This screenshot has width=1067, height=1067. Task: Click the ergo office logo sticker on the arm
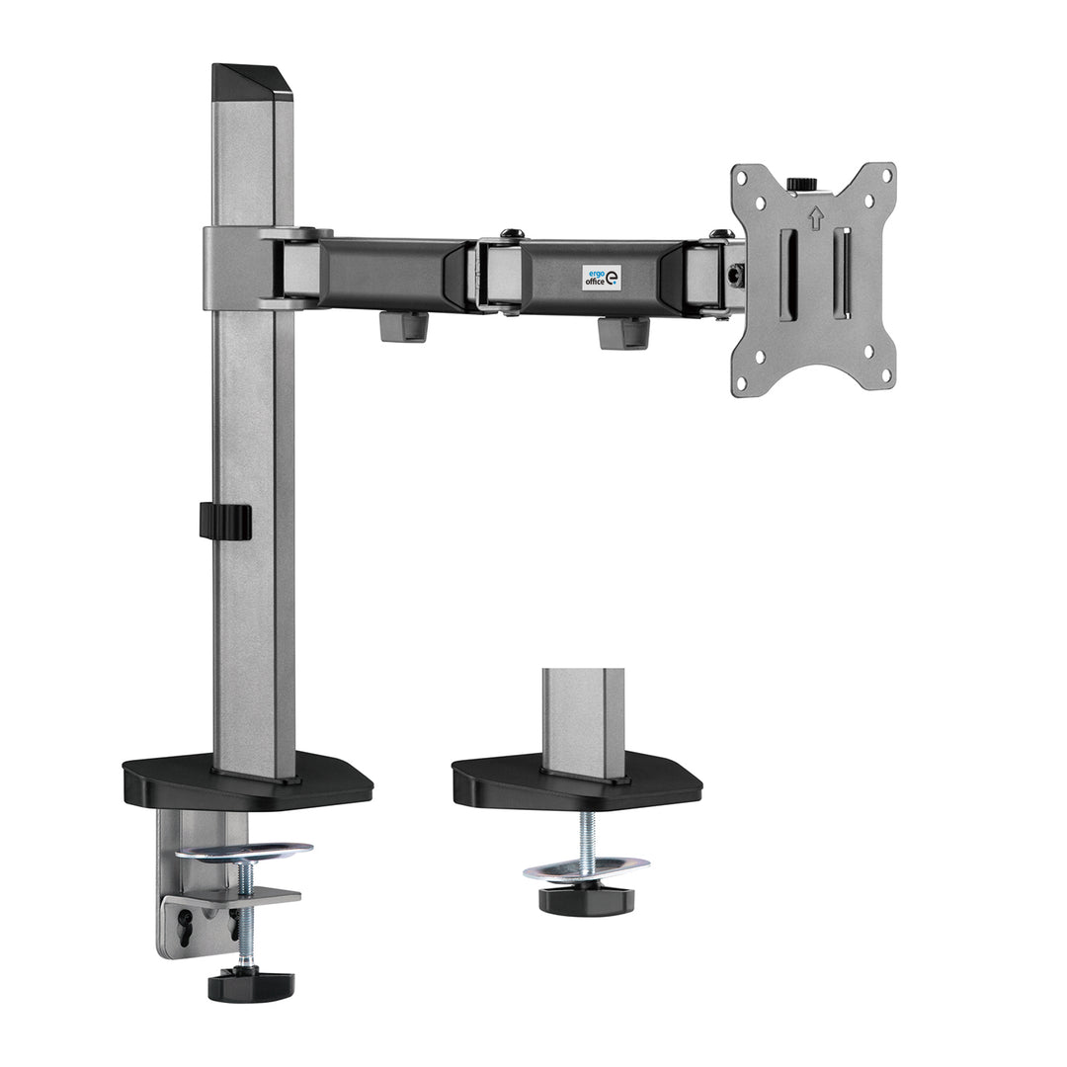(x=602, y=277)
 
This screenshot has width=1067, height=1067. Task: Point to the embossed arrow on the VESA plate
(x=815, y=217)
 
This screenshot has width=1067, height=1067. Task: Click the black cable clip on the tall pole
(x=224, y=521)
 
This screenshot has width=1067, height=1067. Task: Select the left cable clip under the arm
(x=403, y=325)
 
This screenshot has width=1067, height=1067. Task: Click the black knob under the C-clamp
(x=251, y=983)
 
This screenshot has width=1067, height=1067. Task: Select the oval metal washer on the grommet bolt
(x=586, y=868)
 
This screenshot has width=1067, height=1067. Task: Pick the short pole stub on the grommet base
(x=579, y=711)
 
